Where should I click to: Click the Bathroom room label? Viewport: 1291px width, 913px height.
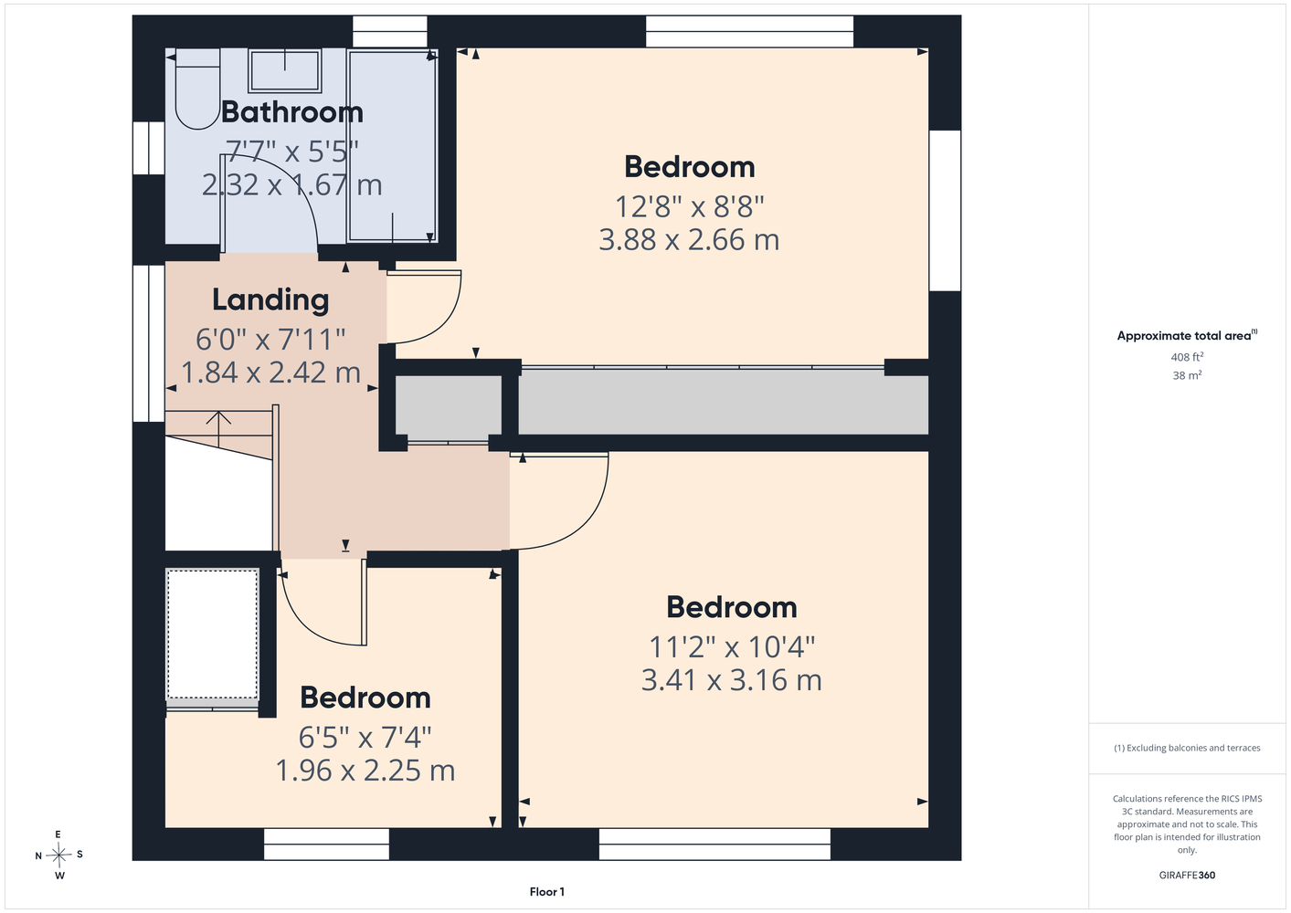point(292,111)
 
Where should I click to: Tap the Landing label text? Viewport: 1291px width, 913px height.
point(270,300)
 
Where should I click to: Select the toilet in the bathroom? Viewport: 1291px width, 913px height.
point(197,89)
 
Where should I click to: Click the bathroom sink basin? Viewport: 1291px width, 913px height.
point(285,70)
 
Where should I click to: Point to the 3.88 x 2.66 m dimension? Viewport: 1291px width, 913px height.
point(689,239)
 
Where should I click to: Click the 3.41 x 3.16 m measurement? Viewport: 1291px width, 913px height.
point(731,679)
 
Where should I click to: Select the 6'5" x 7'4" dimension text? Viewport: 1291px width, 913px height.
point(365,737)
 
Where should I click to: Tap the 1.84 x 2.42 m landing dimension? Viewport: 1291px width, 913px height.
point(270,373)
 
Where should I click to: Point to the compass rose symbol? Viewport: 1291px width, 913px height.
point(58,855)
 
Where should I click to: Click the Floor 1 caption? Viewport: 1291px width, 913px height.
point(547,892)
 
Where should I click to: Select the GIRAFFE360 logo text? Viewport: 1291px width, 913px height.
point(1187,875)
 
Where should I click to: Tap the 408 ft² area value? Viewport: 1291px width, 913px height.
point(1187,357)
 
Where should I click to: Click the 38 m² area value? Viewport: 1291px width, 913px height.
point(1187,375)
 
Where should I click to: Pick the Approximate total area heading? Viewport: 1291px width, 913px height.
point(1187,335)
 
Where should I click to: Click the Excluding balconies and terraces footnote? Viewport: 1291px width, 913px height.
point(1187,748)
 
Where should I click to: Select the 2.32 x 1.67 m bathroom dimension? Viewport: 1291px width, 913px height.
point(291,185)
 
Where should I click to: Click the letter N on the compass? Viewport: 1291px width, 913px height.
point(38,856)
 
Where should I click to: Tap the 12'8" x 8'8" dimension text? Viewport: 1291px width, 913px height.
point(689,206)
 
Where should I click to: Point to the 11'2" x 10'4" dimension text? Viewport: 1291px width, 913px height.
point(731,647)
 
